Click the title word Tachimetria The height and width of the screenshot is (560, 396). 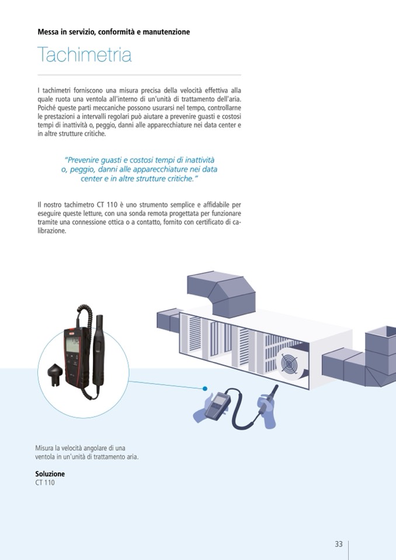point(84,55)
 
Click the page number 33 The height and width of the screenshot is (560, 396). point(338,544)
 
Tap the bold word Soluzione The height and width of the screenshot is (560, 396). point(50,474)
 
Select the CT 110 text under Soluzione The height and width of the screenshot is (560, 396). point(45,483)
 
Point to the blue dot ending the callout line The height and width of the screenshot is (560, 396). point(206,388)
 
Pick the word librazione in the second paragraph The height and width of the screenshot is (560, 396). point(51,231)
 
